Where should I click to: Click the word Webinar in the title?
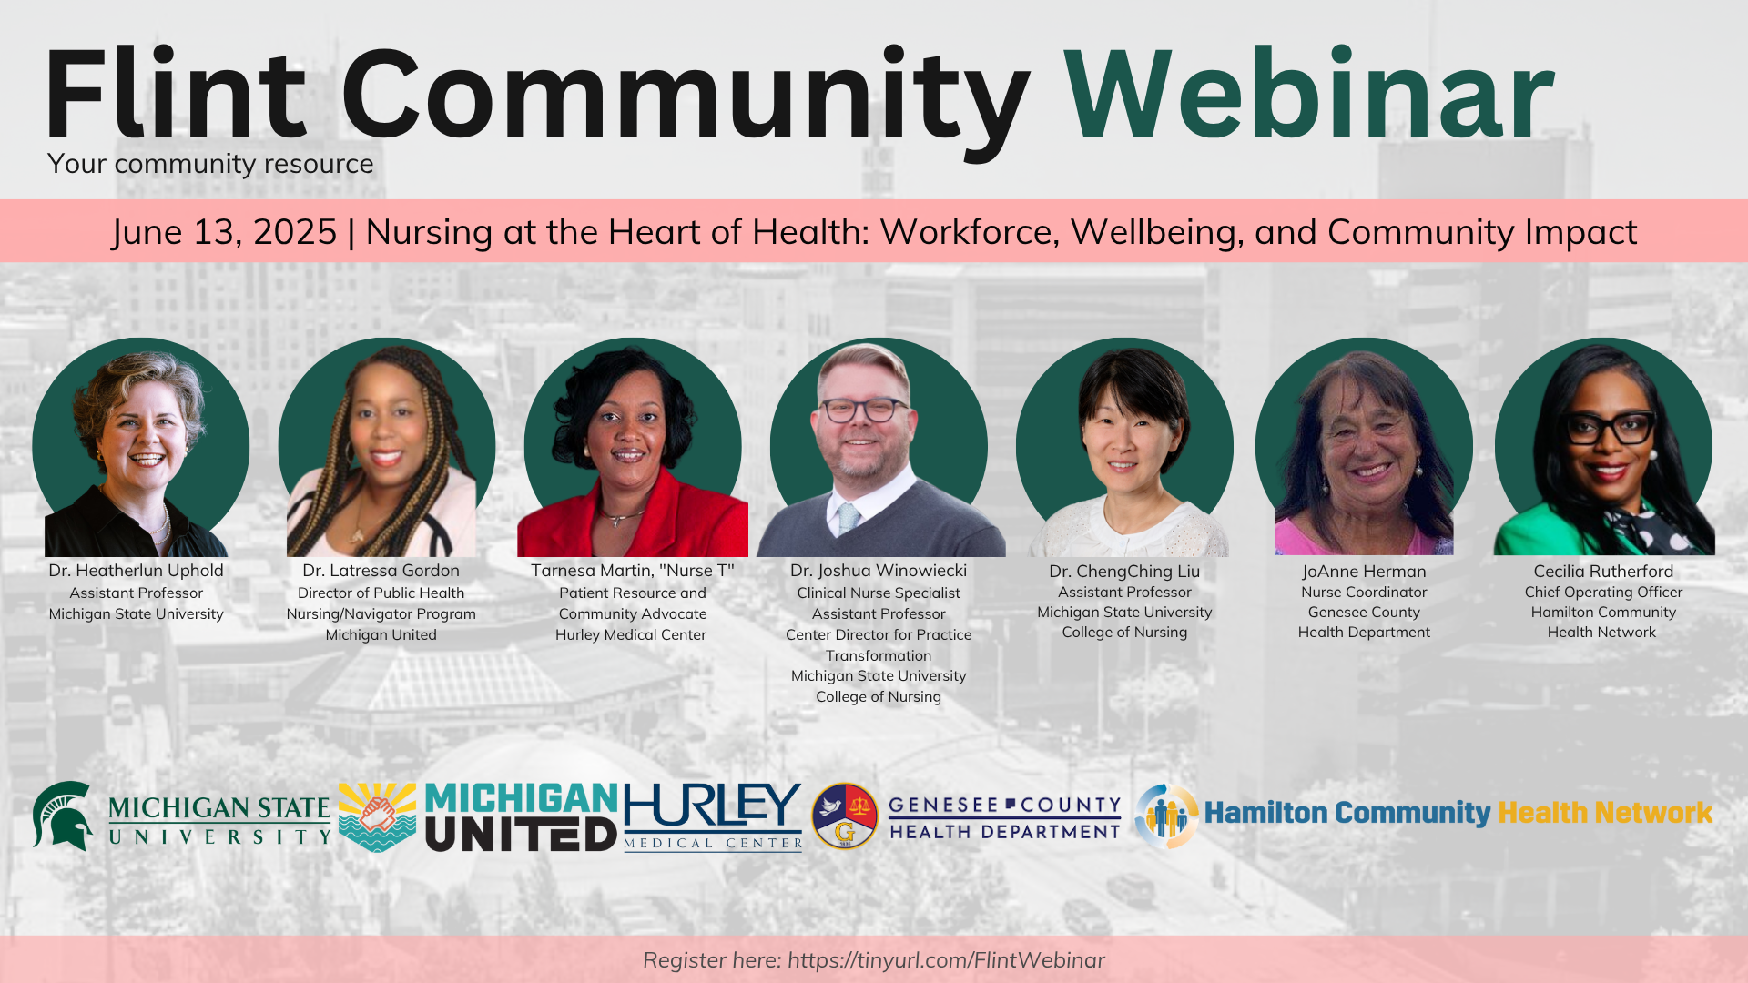(1309, 95)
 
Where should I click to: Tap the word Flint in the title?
(176, 95)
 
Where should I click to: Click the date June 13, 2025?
(225, 233)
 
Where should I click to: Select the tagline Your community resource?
(210, 164)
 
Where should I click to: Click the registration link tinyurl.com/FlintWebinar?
(946, 960)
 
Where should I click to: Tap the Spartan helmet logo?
(62, 816)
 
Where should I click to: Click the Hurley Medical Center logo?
(713, 816)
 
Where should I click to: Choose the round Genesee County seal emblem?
(844, 816)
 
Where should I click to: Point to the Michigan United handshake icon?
(377, 816)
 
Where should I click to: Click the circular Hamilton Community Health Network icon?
(1166, 816)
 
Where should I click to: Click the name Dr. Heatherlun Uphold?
(137, 571)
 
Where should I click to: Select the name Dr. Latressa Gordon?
(381, 571)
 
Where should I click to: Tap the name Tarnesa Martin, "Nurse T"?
(633, 571)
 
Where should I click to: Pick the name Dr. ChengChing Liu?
(1124, 572)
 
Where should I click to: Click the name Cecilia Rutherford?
(1603, 572)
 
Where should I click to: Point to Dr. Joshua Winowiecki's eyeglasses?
(864, 410)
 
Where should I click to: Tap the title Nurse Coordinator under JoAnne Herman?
(1364, 593)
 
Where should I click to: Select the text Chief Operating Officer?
(1603, 593)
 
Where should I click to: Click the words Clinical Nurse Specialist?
(879, 593)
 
